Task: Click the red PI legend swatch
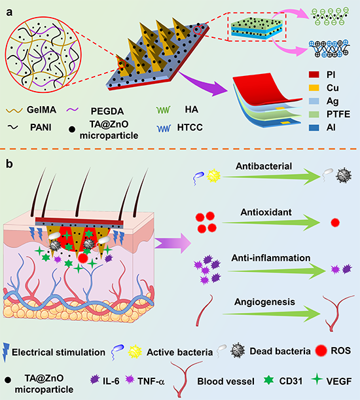coord(314,75)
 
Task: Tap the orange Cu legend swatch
coord(314,88)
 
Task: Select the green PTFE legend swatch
coord(314,114)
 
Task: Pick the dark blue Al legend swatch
coord(314,127)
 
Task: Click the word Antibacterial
coord(264,166)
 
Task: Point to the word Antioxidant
coord(266,212)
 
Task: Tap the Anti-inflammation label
coord(271,258)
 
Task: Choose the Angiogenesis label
coord(264,302)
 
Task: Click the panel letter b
coord(9,164)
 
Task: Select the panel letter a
coord(9,12)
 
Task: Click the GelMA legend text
coord(42,110)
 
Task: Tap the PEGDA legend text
coord(107,111)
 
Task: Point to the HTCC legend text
coord(190,127)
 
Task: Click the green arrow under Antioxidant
coord(271,223)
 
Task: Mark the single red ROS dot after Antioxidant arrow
coord(335,223)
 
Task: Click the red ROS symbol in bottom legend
coord(321,351)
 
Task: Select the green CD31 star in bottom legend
coord(268,380)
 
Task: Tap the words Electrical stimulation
coord(58,352)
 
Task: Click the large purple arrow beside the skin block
coord(173,243)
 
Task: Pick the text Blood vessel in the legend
coord(226,382)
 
